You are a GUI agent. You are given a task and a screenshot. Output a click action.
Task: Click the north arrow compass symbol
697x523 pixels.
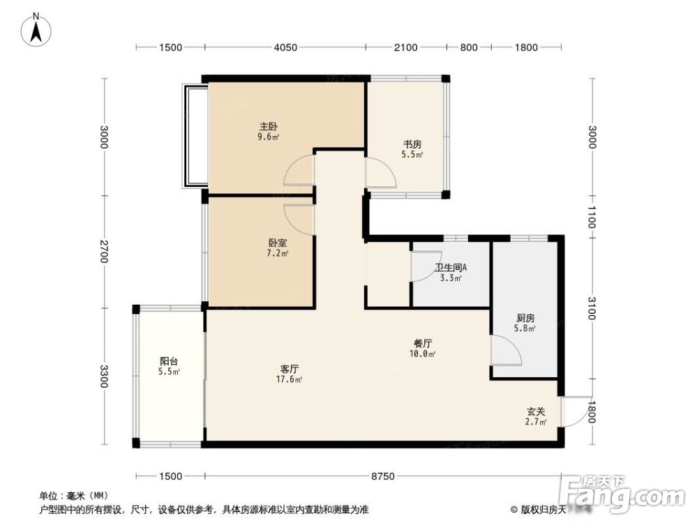(x=36, y=30)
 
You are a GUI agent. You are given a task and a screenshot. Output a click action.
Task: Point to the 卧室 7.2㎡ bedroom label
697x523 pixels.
(x=278, y=248)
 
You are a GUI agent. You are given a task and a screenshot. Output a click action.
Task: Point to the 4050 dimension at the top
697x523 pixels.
(x=285, y=47)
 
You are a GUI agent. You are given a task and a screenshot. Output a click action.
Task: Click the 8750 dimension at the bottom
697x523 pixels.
(x=383, y=476)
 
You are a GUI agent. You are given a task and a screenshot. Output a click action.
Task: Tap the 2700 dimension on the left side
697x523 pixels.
(x=104, y=252)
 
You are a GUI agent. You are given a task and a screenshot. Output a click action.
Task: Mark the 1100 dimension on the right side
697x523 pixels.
(x=592, y=216)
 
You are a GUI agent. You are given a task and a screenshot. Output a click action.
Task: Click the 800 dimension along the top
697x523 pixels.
(x=469, y=47)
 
